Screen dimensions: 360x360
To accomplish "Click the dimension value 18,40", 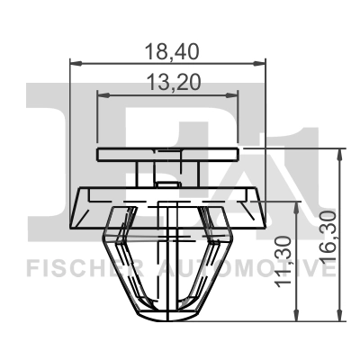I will tap(168, 51).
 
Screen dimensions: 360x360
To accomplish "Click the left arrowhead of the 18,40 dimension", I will tap(74, 63).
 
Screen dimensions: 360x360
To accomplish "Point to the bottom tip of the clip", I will tap(168, 315).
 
